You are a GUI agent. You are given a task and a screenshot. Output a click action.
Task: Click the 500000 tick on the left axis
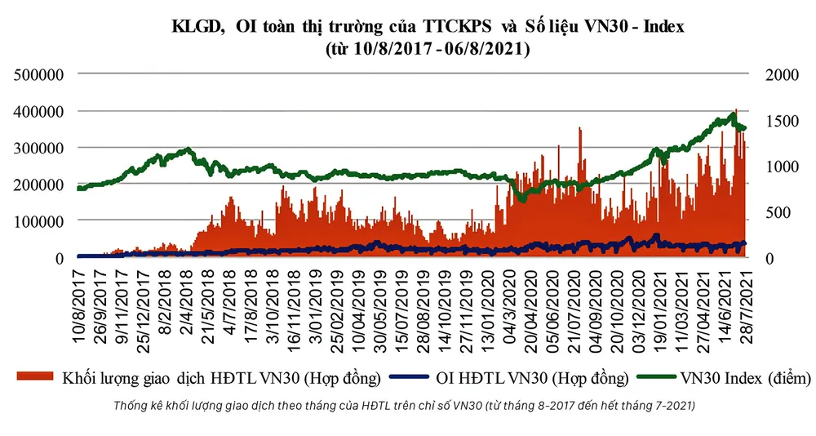pos(38,75)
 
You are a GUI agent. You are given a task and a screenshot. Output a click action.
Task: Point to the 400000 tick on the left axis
pos(38,111)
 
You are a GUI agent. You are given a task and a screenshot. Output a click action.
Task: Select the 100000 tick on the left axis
pos(38,220)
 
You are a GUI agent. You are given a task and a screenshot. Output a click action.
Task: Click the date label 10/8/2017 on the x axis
pos(80,307)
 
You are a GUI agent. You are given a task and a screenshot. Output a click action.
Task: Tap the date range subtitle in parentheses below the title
pos(428,49)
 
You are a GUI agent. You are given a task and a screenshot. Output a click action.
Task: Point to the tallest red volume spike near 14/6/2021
pos(736,112)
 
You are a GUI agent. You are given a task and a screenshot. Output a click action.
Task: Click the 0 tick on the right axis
pos(770,257)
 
